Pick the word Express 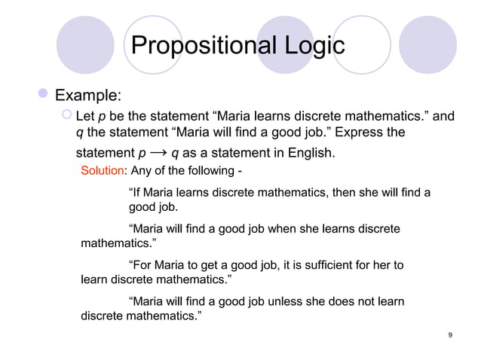[356, 134]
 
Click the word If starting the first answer [137, 193]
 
